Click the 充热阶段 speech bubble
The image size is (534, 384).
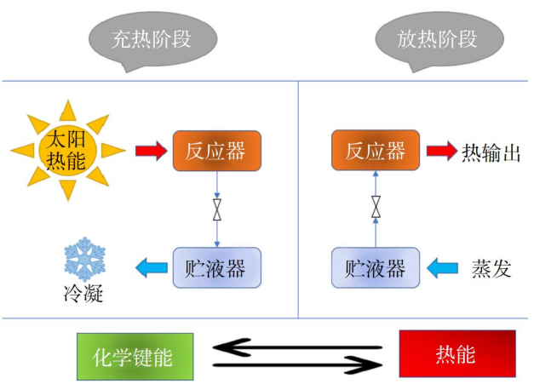152,39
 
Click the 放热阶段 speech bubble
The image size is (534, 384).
437,39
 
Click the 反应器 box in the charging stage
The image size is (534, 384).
217,152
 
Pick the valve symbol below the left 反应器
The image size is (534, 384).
217,207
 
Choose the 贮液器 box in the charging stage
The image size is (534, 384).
216,268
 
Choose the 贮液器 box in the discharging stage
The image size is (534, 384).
375,268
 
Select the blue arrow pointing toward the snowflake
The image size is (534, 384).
152,269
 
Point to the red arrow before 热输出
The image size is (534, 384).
441,152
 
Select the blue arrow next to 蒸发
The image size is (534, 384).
442,269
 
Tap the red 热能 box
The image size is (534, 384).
456,353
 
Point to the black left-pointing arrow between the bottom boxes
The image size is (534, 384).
295,346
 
